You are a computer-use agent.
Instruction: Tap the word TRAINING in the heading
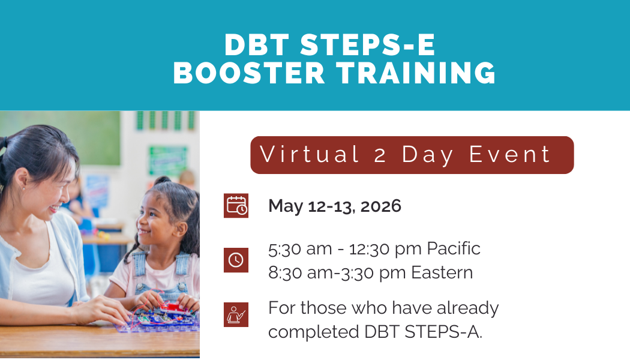416,73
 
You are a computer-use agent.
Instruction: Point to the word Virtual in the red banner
310,155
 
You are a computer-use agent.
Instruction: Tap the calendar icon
236,206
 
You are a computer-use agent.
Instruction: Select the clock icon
236,260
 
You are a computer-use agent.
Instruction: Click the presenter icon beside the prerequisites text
236,315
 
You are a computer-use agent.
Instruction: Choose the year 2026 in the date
380,206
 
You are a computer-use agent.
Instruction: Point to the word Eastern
442,272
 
